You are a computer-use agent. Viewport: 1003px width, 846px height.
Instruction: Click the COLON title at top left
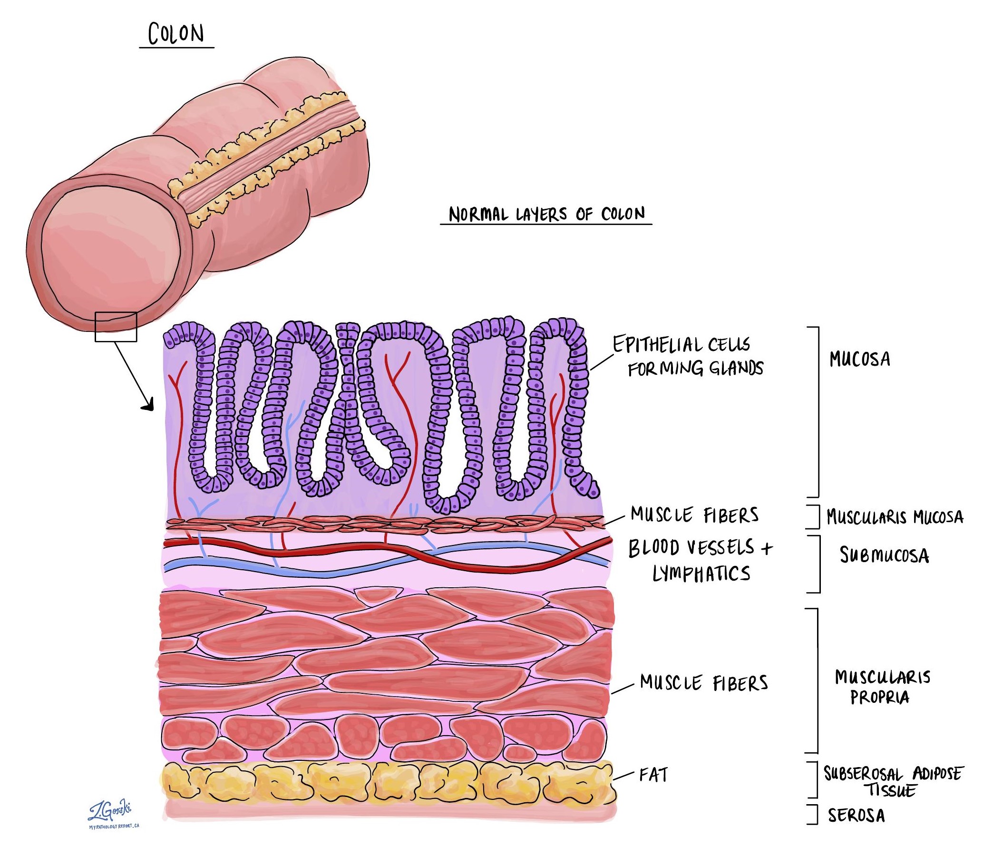click(x=176, y=34)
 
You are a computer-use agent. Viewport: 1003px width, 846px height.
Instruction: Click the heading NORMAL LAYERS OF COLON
click(x=546, y=214)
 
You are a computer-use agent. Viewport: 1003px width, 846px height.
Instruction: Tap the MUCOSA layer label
click(x=859, y=359)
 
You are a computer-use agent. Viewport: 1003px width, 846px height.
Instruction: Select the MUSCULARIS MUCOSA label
click(x=895, y=517)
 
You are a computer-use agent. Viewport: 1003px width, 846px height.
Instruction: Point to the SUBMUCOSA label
click(x=884, y=555)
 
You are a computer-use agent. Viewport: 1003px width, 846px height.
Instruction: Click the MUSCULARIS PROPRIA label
click(x=882, y=687)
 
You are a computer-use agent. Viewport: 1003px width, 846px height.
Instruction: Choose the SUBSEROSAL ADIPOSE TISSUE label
click(x=893, y=781)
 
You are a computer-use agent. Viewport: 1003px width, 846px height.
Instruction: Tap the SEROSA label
click(x=856, y=815)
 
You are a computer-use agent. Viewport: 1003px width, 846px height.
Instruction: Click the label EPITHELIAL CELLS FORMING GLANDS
click(x=688, y=356)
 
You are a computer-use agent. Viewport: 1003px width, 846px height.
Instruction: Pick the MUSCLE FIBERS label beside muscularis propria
click(x=704, y=683)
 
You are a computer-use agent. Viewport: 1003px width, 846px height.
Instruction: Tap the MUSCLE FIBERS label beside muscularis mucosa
click(x=694, y=515)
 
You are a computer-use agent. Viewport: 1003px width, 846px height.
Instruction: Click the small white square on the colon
click(x=116, y=327)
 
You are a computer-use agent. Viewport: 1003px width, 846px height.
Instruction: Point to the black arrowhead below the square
click(x=148, y=405)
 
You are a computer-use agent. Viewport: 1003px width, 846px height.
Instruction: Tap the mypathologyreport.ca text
click(x=114, y=827)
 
